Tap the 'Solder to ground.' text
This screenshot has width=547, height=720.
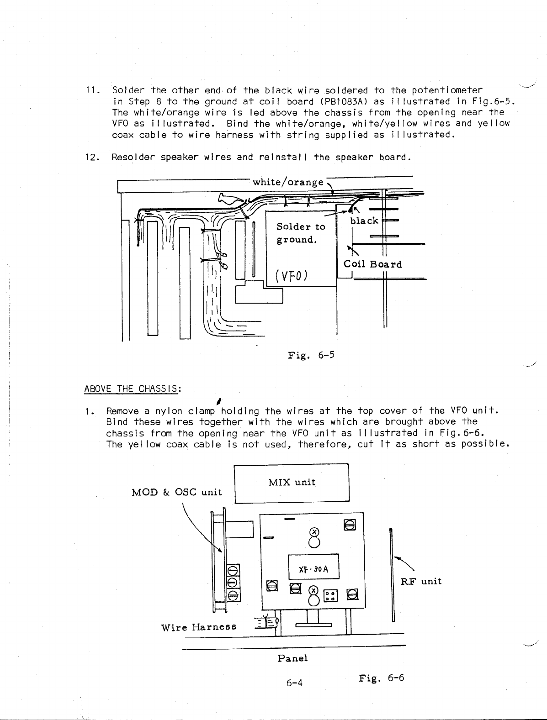point(301,233)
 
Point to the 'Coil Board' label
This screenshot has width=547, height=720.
point(372,264)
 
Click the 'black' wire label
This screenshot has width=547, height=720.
point(364,221)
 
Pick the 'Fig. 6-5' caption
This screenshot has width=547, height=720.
point(311,354)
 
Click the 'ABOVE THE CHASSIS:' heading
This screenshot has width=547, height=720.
point(133,389)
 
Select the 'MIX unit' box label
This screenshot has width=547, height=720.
point(292,482)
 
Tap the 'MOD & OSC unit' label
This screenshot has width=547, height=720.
point(176,492)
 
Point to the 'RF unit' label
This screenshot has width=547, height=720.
point(421,581)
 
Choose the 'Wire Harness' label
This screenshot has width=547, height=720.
point(199,627)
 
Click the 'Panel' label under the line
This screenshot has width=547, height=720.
point(292,658)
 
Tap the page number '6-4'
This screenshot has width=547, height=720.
point(294,683)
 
